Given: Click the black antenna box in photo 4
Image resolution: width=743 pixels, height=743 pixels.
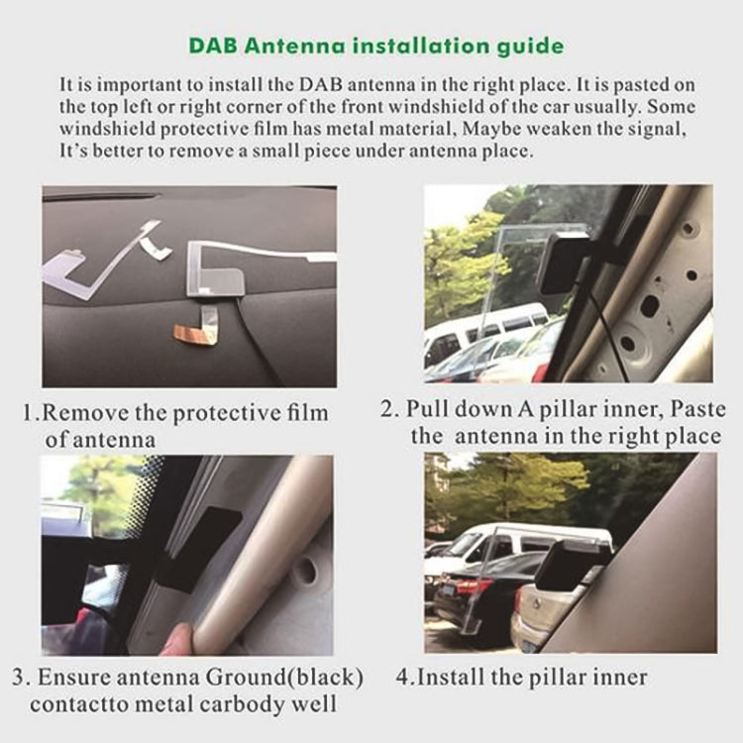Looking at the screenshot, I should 573,565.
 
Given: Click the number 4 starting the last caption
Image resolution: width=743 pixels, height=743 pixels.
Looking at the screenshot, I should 402,678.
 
